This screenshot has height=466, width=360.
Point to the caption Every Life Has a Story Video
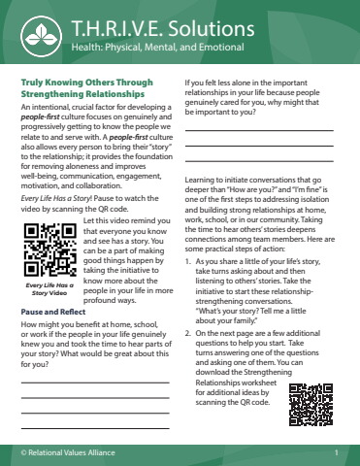pyautogui.click(x=50, y=288)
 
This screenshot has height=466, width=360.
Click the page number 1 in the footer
pyautogui.click(x=334, y=453)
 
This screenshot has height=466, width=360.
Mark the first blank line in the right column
pyautogui.click(x=258, y=130)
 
